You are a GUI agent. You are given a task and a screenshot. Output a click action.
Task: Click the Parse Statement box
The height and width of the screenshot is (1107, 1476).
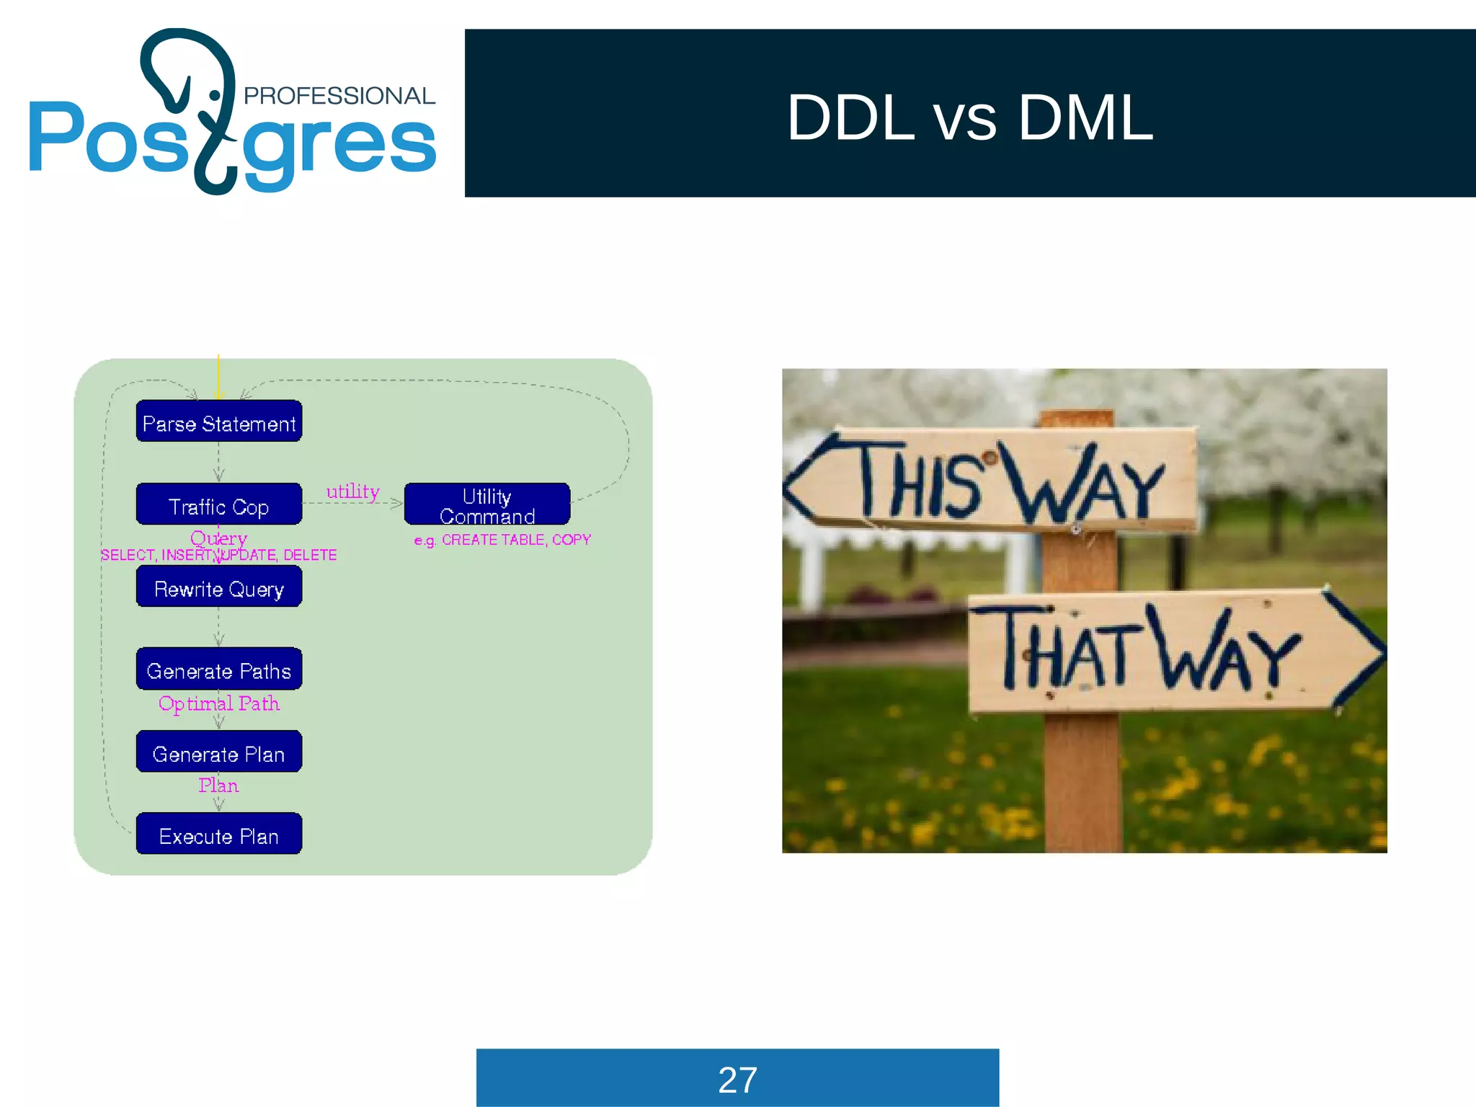coord(219,422)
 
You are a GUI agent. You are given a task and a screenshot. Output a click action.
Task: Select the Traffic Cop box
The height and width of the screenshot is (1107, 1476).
coord(219,504)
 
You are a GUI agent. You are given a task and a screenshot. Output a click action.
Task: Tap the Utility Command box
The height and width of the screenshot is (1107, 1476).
coord(487,504)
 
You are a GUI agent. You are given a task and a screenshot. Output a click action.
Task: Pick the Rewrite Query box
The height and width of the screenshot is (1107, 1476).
coord(219,587)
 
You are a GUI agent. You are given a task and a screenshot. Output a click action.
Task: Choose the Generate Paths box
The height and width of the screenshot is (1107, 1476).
coord(219,670)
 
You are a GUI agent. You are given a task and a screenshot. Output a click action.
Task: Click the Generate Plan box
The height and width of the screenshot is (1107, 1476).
coord(219,752)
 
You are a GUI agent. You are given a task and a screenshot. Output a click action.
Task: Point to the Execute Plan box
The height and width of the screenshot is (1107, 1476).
coord(219,835)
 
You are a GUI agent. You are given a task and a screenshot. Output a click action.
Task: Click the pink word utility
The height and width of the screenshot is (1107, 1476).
coord(352,492)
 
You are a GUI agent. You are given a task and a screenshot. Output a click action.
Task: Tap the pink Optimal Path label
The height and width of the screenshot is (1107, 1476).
coord(219,703)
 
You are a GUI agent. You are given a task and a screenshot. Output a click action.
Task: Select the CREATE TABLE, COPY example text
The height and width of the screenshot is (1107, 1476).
coord(515,540)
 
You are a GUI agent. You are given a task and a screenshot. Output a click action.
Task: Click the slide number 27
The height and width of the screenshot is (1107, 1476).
coord(737,1080)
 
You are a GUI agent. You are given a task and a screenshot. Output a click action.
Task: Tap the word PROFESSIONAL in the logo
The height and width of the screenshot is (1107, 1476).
coord(339,96)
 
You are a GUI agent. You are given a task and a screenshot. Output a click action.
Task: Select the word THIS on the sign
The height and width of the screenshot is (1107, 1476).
coord(921,479)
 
